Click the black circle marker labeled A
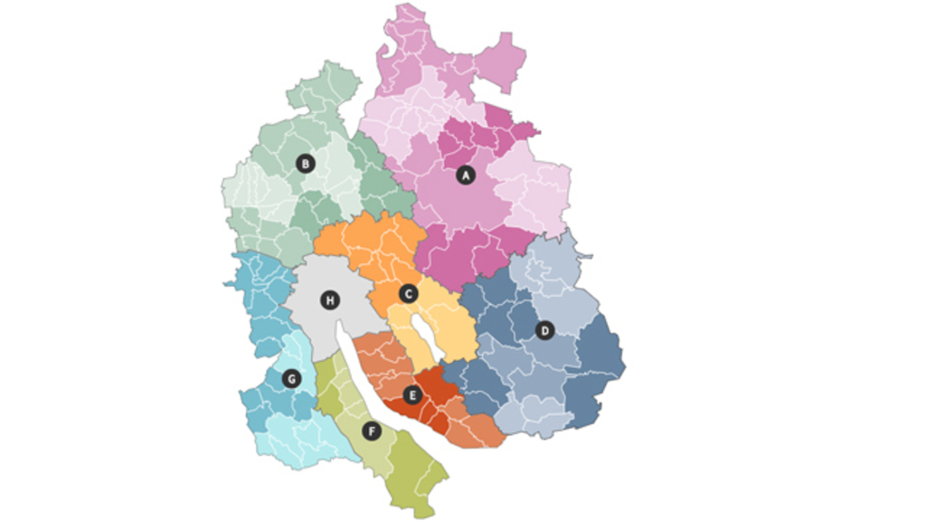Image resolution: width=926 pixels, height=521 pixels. coord(466,175)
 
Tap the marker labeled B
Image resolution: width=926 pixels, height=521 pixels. coord(306,164)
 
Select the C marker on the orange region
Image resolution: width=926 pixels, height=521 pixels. coord(408,293)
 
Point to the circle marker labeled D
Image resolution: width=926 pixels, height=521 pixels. coord(544,330)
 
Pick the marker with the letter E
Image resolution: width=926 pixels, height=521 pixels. coord(413,394)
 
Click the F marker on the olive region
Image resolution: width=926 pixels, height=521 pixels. coord(371,431)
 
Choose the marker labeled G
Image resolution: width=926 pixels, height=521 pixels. coord(291,378)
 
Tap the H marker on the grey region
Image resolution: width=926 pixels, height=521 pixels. coord(330,299)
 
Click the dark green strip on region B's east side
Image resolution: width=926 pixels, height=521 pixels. coord(375,181)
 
